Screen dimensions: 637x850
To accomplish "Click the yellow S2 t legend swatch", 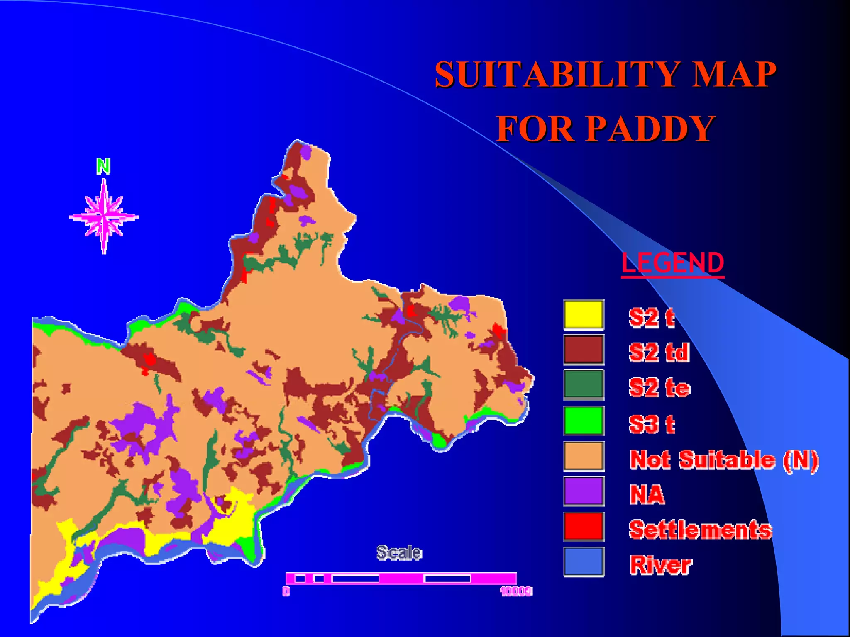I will pyautogui.click(x=584, y=315).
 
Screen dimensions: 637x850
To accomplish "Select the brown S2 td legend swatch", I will pyautogui.click(x=584, y=350).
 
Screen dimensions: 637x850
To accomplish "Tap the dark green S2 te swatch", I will pyautogui.click(x=584, y=385).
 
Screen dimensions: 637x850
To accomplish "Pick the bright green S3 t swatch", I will pyautogui.click(x=584, y=421).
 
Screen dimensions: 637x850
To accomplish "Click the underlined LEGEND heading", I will pyautogui.click(x=673, y=263).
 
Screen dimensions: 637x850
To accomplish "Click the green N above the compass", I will pyautogui.click(x=103, y=166).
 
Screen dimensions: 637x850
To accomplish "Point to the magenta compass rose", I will pyautogui.click(x=104, y=216).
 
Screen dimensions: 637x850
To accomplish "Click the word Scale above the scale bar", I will pyautogui.click(x=399, y=553).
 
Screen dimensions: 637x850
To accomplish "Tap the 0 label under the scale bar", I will pyautogui.click(x=286, y=591).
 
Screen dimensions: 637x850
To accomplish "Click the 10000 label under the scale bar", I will pyautogui.click(x=516, y=591).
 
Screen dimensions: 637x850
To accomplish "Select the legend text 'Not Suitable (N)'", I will pyautogui.click(x=724, y=460).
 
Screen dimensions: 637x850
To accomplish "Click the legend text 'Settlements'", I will pyautogui.click(x=701, y=530).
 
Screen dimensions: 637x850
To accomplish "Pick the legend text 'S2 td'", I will pyautogui.click(x=659, y=353).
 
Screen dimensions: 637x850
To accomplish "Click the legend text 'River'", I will pyautogui.click(x=661, y=565).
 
